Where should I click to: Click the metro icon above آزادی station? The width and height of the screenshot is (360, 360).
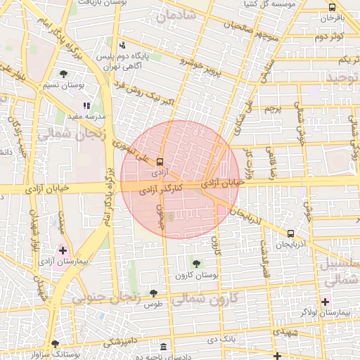[x=160, y=161]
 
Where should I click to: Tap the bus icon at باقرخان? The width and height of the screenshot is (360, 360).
[x=332, y=7]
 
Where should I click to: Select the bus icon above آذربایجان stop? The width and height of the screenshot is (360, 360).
[x=291, y=233]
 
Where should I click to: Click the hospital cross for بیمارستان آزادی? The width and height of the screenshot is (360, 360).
[x=63, y=250]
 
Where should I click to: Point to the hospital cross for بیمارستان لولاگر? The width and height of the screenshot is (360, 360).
[x=324, y=302]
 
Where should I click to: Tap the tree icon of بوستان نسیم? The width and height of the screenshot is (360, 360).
[x=64, y=74]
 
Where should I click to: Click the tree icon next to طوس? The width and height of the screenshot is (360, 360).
[x=154, y=292]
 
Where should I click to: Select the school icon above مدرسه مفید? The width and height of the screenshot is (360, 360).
[x=86, y=105]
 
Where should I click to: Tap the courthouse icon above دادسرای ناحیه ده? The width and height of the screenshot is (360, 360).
[x=164, y=347]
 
